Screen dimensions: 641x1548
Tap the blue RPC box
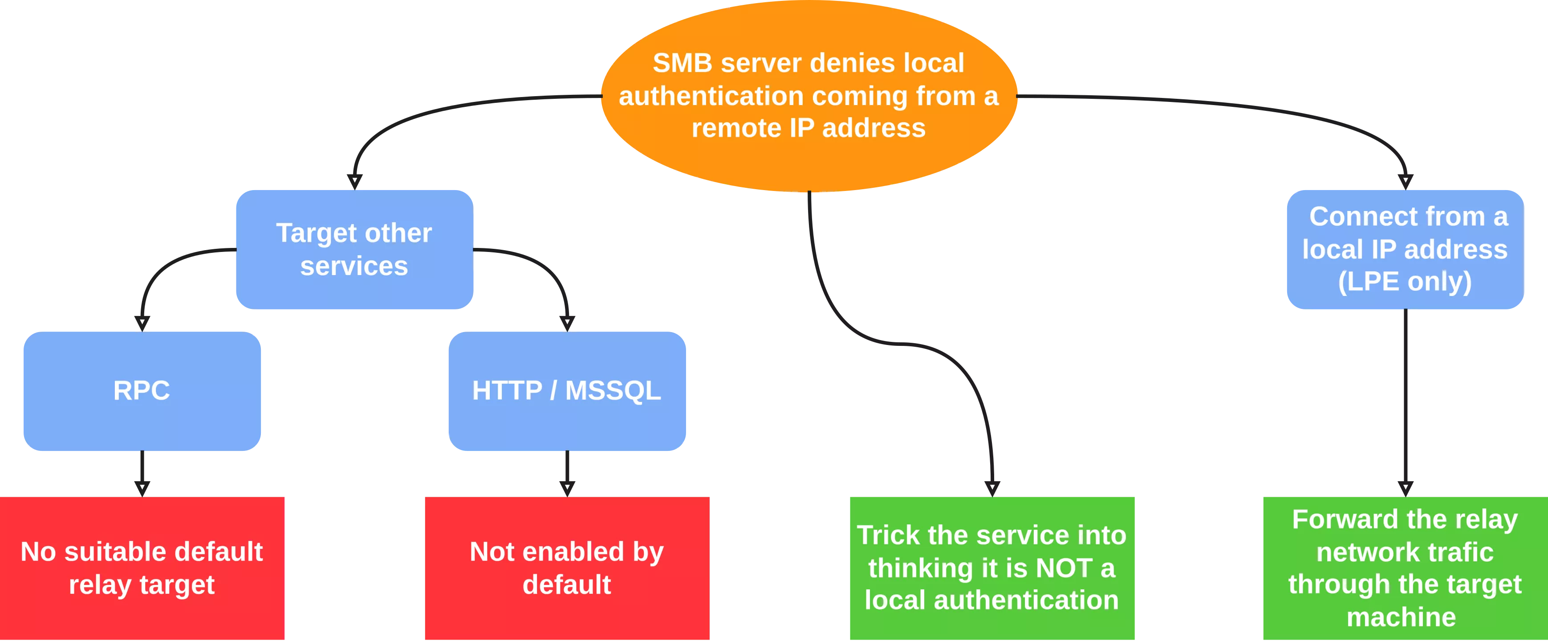pos(142,390)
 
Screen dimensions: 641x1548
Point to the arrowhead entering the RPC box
pos(142,321)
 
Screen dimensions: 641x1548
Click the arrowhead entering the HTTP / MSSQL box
pos(567,321)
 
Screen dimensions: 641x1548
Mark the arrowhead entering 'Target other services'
pos(354,179)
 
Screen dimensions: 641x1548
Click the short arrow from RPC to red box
pos(142,471)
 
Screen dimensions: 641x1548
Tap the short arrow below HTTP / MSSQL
pos(567,471)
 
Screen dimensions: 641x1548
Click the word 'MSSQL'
pos(613,390)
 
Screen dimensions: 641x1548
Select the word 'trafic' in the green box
pos(1464,552)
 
